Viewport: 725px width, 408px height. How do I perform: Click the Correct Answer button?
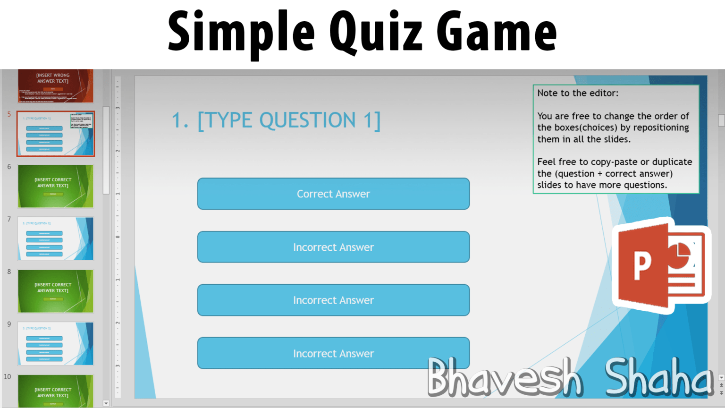333,194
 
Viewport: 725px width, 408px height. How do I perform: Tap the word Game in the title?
497,32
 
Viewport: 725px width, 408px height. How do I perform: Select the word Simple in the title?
241,32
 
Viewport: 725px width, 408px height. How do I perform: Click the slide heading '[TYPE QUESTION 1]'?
289,120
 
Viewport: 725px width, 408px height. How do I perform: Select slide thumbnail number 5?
56,134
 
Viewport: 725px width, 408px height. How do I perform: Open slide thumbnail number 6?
56,186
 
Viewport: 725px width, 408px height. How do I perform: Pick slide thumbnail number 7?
56,238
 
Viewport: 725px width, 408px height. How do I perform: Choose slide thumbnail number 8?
56,291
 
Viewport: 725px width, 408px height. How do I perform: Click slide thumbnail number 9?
56,343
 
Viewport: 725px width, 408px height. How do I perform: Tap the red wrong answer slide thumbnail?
56,86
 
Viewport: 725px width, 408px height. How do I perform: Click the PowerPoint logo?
661,265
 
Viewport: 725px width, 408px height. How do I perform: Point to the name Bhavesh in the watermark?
504,378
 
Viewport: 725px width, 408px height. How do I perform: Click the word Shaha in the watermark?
658,378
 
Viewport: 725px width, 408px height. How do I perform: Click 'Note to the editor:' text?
578,93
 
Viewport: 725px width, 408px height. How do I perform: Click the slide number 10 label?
8,377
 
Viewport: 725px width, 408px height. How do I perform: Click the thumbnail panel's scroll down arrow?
106,403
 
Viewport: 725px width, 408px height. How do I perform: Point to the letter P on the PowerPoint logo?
642,266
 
